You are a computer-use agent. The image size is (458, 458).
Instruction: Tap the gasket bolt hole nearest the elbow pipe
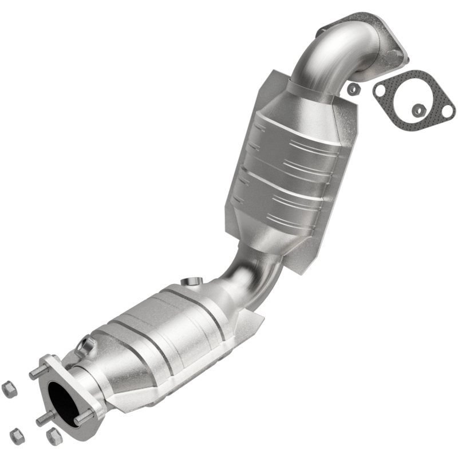(x=380, y=90)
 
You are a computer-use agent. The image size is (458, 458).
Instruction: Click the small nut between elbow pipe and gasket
(x=354, y=89)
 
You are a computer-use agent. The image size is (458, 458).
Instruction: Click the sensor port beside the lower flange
(x=86, y=345)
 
